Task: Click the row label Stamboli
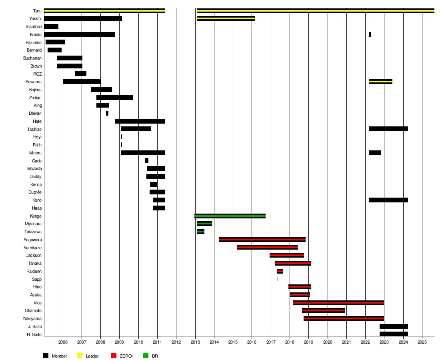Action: pos(34,26)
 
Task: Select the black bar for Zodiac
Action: pos(114,98)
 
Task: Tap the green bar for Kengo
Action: pos(230,216)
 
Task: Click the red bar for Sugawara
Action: pos(262,240)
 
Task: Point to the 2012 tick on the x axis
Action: pos(176,342)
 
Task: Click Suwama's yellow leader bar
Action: pos(380,82)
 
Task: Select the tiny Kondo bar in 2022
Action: pos(370,34)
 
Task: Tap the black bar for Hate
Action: pos(140,121)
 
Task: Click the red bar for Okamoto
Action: pos(323,310)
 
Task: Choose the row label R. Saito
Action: pos(34,334)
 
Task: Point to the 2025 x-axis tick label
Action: pos(422,342)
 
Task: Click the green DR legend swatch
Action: pos(146,356)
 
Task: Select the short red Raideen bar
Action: pos(280,271)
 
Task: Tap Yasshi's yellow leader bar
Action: pos(226,18)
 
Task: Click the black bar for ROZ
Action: pos(80,74)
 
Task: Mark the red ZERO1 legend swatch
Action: pos(113,356)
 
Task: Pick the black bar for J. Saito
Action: pos(394,326)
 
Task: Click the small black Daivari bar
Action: pos(107,113)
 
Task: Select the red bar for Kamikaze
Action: pos(267,247)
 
